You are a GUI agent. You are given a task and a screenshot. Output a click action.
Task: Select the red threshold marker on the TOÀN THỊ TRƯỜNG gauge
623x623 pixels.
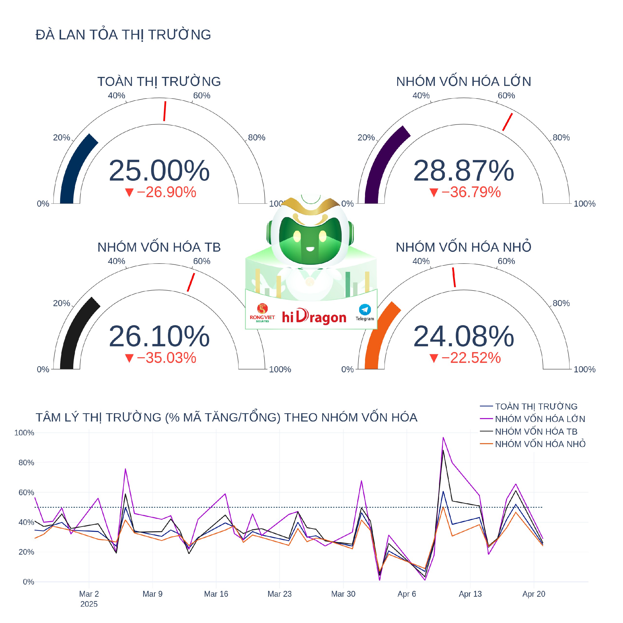coord(165,111)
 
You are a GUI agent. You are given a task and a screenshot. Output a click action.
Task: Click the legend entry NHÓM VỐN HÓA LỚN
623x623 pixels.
coord(540,419)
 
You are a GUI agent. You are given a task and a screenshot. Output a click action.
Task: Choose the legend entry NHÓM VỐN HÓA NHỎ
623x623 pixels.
coord(540,444)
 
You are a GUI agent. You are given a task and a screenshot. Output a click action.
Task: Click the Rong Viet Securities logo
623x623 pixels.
coord(262,312)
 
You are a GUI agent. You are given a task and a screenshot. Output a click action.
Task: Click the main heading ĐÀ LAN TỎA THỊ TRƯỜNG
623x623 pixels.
coord(123,35)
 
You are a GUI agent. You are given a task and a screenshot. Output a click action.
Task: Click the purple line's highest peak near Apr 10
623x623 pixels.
coord(443,438)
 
